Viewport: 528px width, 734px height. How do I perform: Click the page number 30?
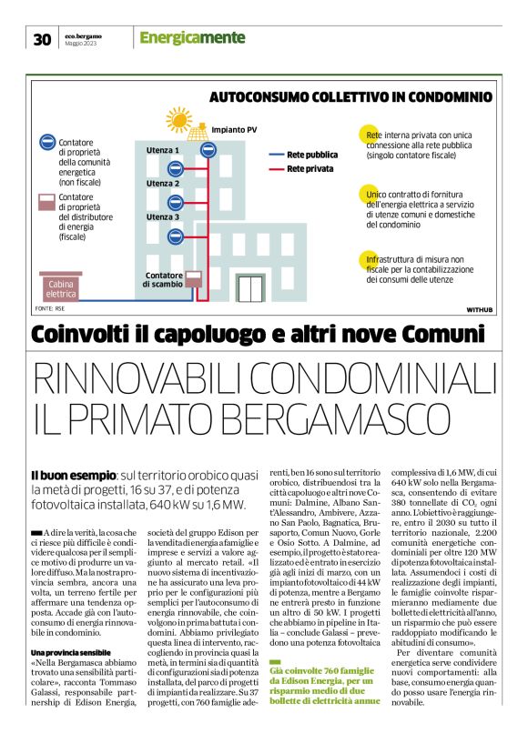click(x=42, y=38)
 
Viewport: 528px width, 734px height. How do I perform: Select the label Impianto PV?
click(x=233, y=130)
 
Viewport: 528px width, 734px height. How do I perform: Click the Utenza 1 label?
click(x=163, y=149)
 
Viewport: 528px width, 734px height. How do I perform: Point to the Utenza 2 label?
click(x=163, y=184)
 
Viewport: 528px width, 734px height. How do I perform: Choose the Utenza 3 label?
click(x=163, y=217)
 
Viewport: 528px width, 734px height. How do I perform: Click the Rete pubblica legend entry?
click(x=310, y=155)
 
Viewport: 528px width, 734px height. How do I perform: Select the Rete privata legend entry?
click(x=308, y=168)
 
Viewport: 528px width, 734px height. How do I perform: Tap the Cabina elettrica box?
click(x=61, y=288)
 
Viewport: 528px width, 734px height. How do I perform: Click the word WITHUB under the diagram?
click(x=479, y=310)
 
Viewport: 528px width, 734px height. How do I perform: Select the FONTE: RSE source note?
click(x=51, y=310)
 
